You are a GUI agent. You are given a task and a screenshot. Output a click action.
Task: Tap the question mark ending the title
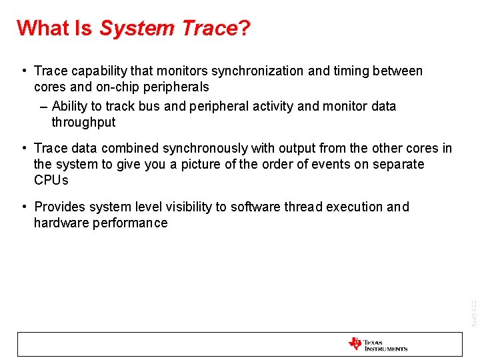[244, 28]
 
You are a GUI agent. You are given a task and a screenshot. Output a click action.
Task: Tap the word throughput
[83, 122]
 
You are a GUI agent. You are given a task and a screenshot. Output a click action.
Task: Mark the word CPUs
[51, 180]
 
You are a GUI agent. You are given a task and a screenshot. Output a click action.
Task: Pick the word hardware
[56, 223]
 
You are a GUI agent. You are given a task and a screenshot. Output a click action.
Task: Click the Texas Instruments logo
[377, 344]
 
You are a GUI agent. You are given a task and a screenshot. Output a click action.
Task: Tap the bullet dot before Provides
[23, 207]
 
